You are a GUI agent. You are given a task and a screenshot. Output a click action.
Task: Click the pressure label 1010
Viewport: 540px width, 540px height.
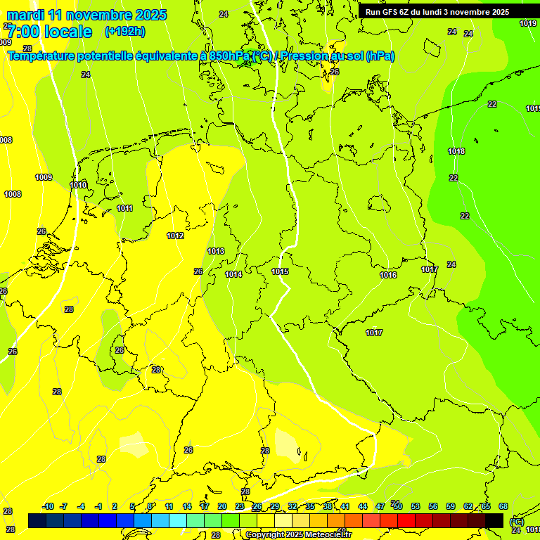[79, 185]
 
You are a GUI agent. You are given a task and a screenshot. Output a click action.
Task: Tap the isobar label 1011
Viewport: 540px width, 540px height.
[125, 208]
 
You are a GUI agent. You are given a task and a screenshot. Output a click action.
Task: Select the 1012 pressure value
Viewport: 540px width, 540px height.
[175, 236]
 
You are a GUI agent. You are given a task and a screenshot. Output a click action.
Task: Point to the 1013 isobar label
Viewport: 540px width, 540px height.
[216, 251]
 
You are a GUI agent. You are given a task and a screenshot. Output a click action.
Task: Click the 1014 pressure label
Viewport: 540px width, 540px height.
[233, 274]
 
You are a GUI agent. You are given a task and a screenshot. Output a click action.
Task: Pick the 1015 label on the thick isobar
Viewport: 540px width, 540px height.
[280, 271]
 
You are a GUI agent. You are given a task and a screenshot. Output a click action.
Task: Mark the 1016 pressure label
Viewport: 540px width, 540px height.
[388, 275]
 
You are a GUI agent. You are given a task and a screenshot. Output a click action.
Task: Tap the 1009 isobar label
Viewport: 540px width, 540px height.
[44, 177]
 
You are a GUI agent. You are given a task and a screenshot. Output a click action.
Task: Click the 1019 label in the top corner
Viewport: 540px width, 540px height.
[528, 23]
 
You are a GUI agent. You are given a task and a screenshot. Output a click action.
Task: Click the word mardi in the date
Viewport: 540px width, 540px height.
[27, 15]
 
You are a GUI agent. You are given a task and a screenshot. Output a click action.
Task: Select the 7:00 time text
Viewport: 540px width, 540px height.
[25, 32]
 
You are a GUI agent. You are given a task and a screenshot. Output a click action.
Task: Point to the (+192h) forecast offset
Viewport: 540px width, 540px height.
[124, 32]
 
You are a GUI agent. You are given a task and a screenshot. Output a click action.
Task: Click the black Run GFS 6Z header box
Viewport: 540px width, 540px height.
[437, 12]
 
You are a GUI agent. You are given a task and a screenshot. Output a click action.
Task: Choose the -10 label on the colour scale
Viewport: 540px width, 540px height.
[48, 506]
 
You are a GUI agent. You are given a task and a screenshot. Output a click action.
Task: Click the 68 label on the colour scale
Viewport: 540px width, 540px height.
[503, 506]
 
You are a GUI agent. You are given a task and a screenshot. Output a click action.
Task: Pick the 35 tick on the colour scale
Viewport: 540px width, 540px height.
[310, 506]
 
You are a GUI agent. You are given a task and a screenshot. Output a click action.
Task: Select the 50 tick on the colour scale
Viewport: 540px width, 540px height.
[398, 506]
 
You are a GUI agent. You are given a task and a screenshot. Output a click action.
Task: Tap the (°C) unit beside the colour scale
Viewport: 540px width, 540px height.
[516, 521]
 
